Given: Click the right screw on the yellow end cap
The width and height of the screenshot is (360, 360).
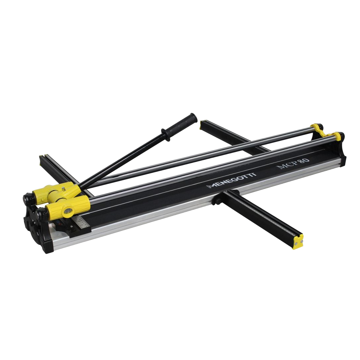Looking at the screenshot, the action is pyautogui.click(x=301, y=241).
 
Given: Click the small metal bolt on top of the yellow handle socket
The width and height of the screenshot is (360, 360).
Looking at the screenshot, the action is pyautogui.click(x=63, y=189).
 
